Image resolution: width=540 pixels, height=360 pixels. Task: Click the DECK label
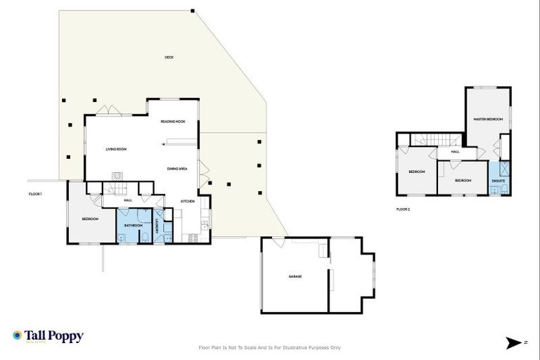169,57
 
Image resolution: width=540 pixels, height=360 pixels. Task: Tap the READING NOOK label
172,122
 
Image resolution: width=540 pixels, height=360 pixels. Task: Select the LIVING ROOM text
116,149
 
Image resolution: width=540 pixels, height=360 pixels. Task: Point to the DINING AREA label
176,169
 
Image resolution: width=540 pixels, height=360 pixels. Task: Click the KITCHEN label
188,202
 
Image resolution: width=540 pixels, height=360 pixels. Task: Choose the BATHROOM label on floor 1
134,225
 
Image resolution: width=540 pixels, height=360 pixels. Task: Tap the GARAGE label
295,276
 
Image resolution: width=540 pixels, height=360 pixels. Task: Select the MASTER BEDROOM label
487,120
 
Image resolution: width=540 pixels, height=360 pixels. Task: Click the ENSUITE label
499,181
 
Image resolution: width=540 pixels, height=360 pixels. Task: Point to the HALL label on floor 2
456,151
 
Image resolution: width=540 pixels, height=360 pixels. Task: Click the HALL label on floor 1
128,200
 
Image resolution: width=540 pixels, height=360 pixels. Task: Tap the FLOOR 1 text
36,193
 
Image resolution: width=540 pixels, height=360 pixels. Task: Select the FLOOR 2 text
403,209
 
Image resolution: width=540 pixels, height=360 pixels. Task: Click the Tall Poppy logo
48,336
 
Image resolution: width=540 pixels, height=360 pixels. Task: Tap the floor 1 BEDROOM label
89,219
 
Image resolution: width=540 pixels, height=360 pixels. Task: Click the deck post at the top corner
193,11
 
